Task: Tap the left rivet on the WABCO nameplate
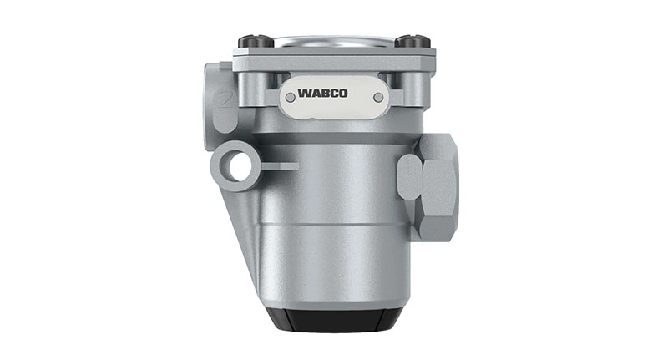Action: point(290,98)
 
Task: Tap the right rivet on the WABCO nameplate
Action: point(378,98)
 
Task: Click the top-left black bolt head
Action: point(255,41)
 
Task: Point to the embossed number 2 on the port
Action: point(224,100)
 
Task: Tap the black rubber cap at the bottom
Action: point(334,318)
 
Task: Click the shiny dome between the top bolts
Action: point(334,40)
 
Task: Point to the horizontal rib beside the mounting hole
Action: point(280,165)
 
